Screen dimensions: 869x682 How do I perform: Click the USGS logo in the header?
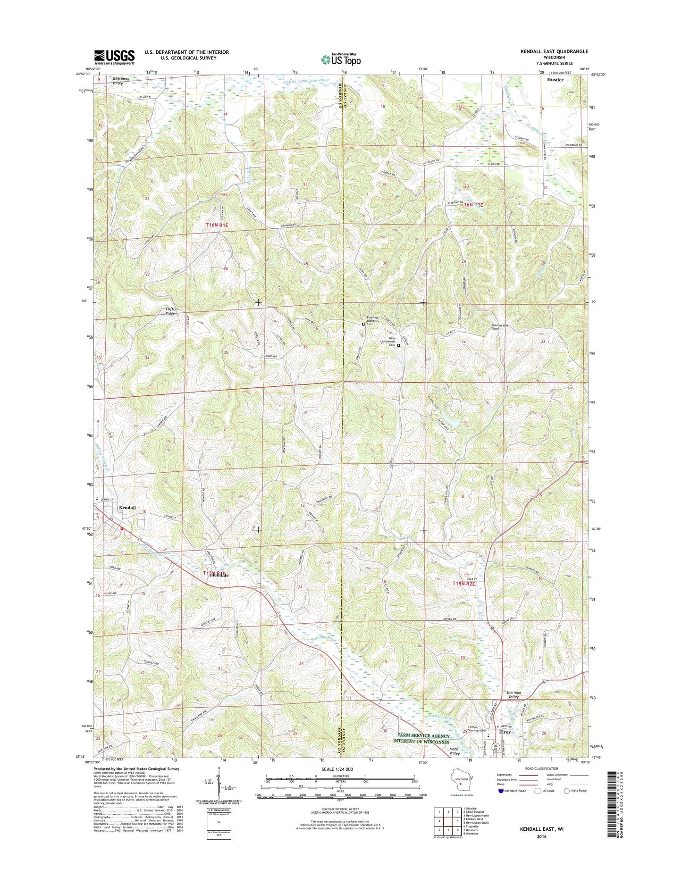[x=114, y=57]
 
